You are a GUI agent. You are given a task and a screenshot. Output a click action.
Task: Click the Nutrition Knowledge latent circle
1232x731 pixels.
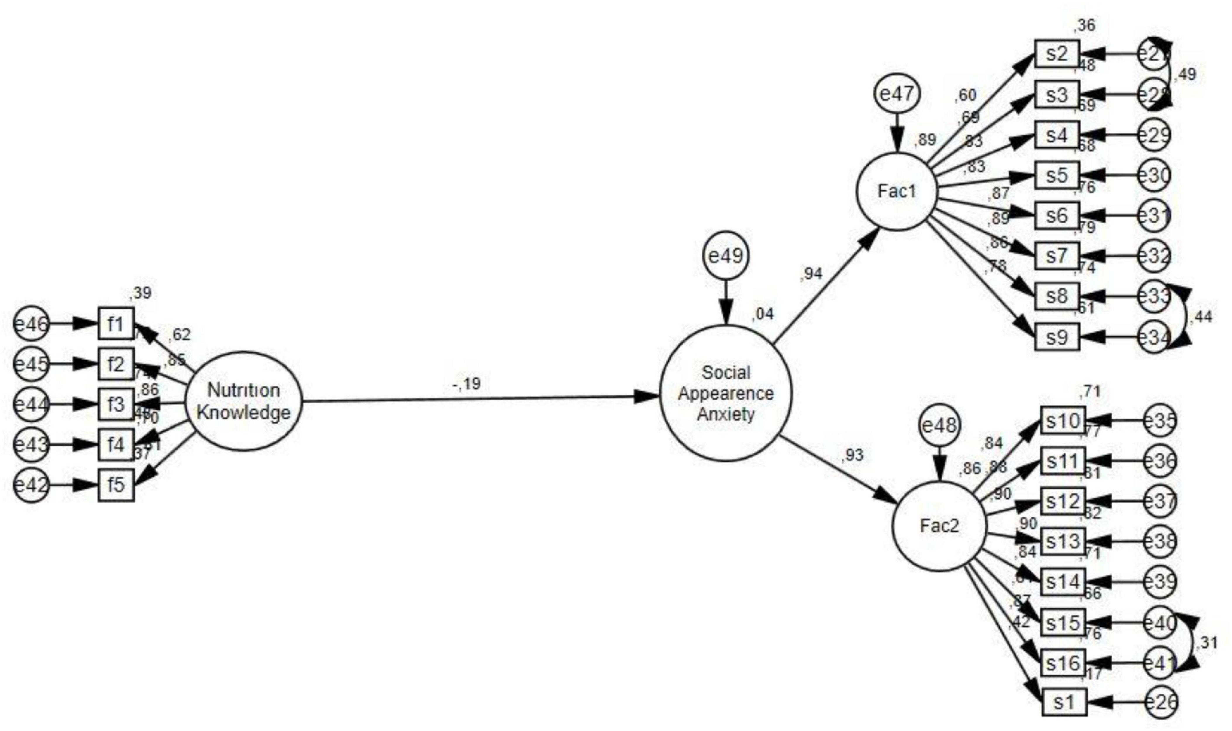pyautogui.click(x=244, y=401)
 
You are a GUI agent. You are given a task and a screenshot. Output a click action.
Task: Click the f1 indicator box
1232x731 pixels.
pyautogui.click(x=116, y=324)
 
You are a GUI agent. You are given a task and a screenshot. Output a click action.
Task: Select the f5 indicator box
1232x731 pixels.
pyautogui.click(x=116, y=485)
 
